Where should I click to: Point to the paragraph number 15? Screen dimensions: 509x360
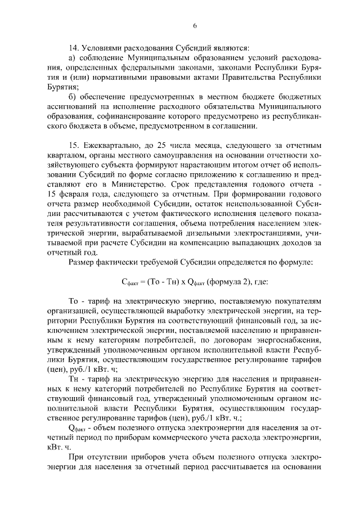[x=73, y=146]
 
